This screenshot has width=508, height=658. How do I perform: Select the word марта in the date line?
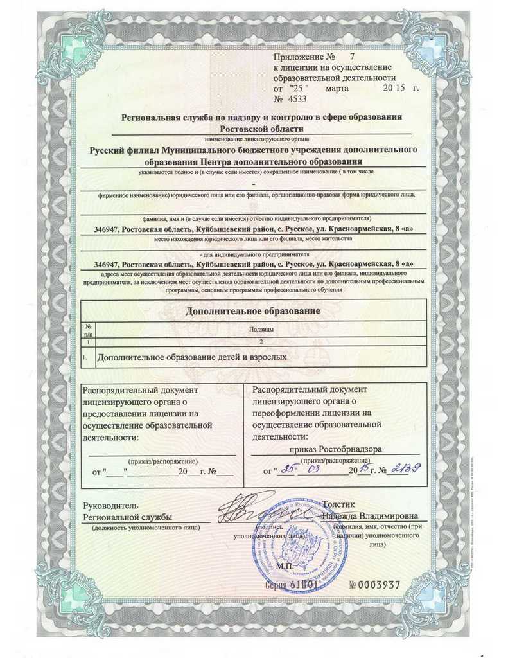(x=337, y=88)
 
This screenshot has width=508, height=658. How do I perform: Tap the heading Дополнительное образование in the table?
(x=252, y=311)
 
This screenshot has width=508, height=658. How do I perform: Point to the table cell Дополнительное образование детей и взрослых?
(x=191, y=355)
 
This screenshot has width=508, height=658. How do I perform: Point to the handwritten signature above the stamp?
(x=257, y=509)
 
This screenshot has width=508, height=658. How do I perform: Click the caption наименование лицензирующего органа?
(x=256, y=138)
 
